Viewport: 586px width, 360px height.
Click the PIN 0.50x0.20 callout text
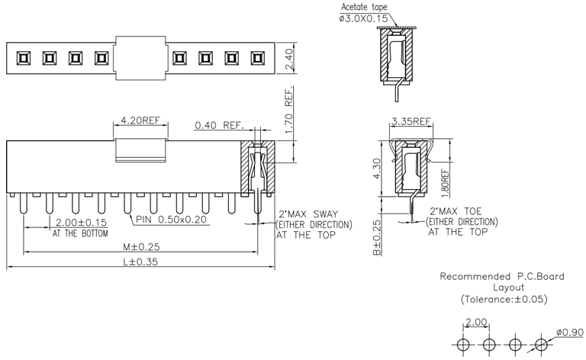(x=172, y=220)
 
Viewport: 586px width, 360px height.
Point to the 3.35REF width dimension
(x=411, y=122)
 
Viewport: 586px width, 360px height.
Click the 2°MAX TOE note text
(x=456, y=211)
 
